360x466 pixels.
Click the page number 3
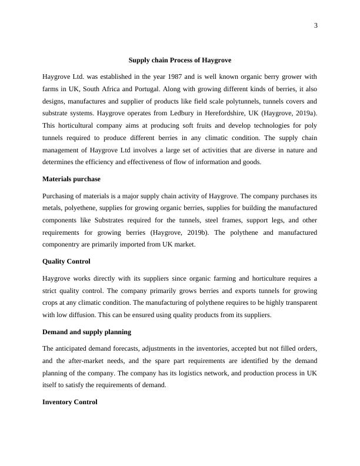click(316, 25)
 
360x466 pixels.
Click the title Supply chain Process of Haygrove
click(180, 60)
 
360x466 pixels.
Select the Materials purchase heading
click(71, 179)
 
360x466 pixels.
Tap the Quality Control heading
click(66, 261)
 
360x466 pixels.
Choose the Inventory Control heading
click(70, 402)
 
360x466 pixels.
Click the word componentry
click(65, 244)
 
